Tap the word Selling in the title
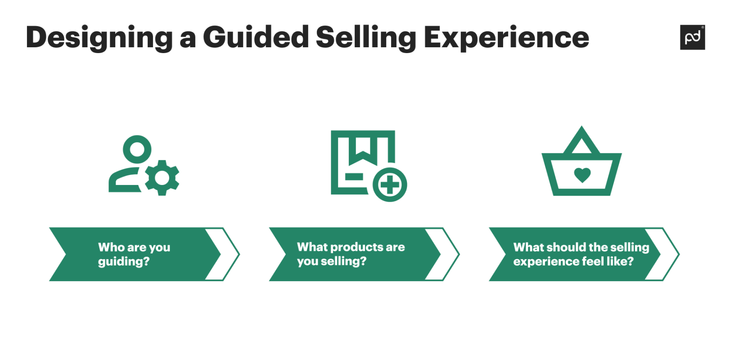coord(366,38)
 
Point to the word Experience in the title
coord(506,38)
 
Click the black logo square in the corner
coord(692,37)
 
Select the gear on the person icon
coord(162,178)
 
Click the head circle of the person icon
coord(137,149)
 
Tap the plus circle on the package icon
coord(390,184)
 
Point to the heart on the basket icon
coord(582,175)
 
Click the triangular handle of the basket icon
coord(581,141)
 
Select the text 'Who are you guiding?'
coord(134,254)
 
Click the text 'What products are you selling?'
coord(351,254)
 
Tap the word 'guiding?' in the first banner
coord(123,261)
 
